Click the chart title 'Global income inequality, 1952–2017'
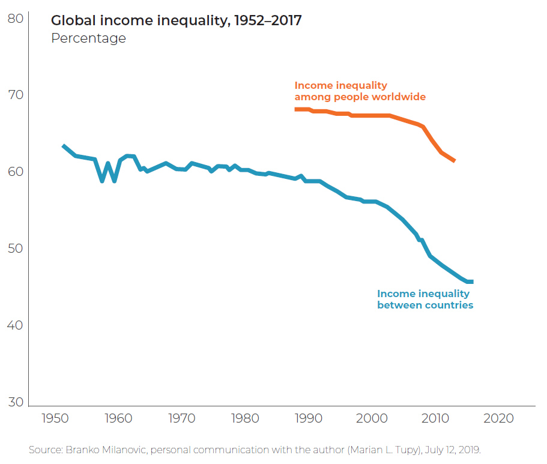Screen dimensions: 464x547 pos(176,20)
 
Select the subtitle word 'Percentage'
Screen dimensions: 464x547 pos(88,38)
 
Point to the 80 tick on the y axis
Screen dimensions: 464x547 pos(16,19)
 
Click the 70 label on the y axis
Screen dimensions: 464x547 pos(16,95)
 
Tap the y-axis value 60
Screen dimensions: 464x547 pos(16,172)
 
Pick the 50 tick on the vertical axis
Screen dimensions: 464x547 pos(16,249)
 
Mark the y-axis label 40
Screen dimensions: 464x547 pos(16,325)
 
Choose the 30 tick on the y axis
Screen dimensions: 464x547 pos(16,402)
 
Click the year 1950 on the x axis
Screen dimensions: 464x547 pos(55,418)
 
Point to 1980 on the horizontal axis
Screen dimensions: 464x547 pos(245,418)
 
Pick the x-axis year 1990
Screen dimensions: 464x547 pos(309,418)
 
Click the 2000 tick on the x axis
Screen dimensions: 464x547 pos(372,418)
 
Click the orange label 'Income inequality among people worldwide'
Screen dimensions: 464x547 pos(360,91)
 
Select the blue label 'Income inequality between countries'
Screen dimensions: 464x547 pos(425,300)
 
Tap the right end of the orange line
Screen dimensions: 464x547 pos(454,161)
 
